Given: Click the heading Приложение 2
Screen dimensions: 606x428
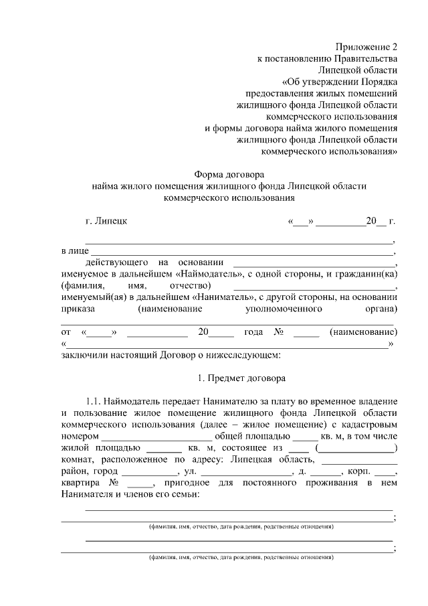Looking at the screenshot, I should tap(366, 47).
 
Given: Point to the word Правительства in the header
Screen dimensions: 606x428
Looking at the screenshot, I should tap(364, 58).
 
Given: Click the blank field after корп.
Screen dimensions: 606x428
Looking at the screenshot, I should tap(385, 472).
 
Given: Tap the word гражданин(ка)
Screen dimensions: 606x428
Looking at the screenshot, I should tap(367, 275).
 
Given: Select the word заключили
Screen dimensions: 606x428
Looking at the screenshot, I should tap(84, 354).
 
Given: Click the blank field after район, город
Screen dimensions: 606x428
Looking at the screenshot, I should tap(153, 472).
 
